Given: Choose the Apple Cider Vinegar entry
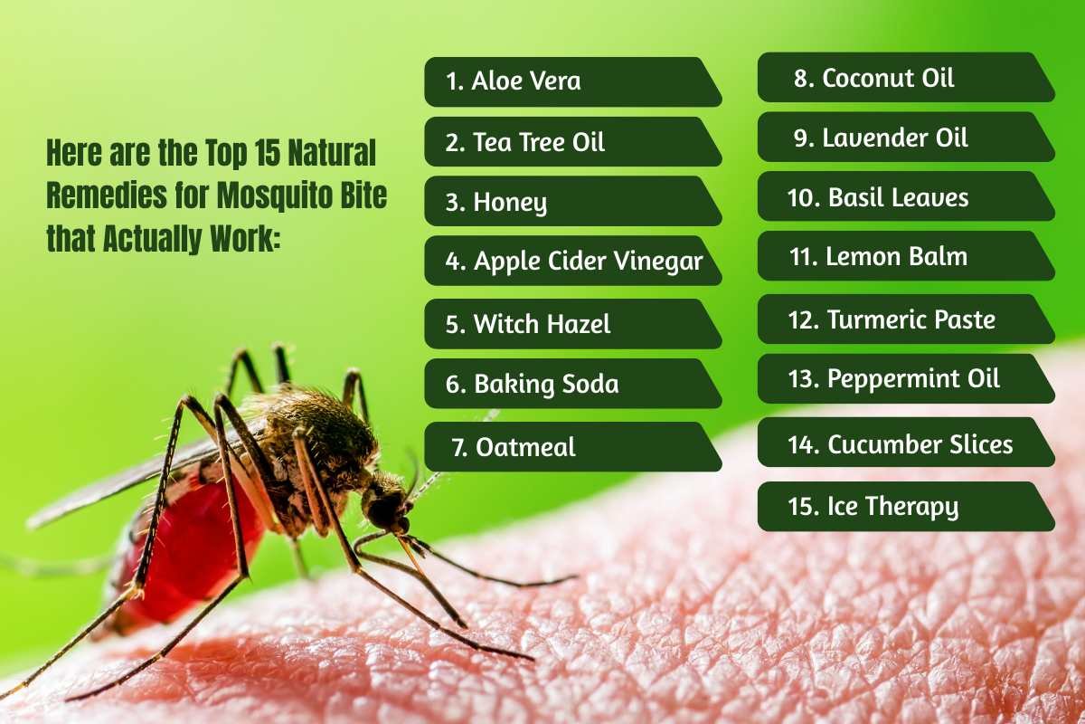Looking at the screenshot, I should (x=573, y=262).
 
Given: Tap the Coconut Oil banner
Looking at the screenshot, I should (x=904, y=78).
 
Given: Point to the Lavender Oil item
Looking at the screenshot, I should (x=904, y=138).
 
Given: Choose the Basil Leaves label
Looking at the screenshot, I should (x=904, y=197).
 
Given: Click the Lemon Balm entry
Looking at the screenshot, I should (x=904, y=256).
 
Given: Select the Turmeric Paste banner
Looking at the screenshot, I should (x=904, y=319).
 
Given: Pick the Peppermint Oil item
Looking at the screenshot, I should (x=904, y=378).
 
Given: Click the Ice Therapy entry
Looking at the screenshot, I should (x=904, y=506).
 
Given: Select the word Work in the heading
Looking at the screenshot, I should (x=238, y=238).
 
